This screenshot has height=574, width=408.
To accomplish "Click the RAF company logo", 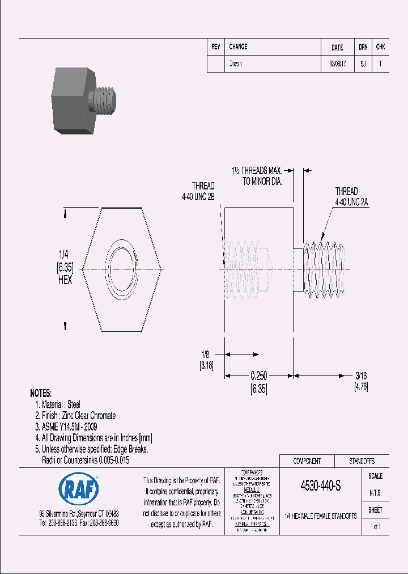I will tap(79, 487).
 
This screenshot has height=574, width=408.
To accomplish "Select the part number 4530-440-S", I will tap(320, 486).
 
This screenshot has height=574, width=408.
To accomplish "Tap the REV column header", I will tap(215, 47).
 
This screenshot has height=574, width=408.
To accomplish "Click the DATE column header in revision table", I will tap(337, 48).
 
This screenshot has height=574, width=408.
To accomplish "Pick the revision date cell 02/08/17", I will tap(337, 64).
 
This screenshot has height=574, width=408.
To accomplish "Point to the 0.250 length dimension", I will tap(259, 375).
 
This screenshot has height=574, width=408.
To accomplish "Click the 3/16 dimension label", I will tap(361, 375).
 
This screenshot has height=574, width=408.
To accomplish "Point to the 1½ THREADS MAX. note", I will tap(257, 170).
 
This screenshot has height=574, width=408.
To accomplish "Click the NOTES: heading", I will tap(41, 393).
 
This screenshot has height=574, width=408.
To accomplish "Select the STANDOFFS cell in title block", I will tap(361, 461).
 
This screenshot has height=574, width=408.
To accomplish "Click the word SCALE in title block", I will tap(375, 476).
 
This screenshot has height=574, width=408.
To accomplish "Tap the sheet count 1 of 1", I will tap(375, 527).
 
